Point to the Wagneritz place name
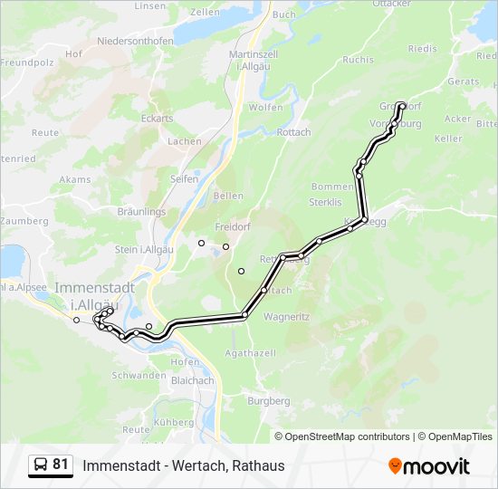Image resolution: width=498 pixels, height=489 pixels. click(x=287, y=317)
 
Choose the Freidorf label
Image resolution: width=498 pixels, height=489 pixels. click(x=234, y=226)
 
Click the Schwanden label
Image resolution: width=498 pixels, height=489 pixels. click(x=139, y=375)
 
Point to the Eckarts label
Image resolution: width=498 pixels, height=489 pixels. click(x=157, y=118)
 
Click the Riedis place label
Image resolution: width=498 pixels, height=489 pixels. click(x=422, y=49)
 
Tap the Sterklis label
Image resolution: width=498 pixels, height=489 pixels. click(x=323, y=202)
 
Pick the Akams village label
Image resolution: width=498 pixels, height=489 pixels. click(x=75, y=179)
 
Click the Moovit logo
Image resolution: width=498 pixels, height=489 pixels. click(x=429, y=466)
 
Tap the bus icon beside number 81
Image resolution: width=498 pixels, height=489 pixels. click(x=41, y=465)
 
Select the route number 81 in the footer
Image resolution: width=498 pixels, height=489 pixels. click(x=61, y=465)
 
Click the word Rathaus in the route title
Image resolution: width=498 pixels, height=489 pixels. click(x=258, y=466)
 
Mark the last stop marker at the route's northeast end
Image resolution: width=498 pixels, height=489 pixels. click(x=401, y=105)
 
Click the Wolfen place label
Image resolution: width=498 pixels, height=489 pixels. click(x=265, y=107)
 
